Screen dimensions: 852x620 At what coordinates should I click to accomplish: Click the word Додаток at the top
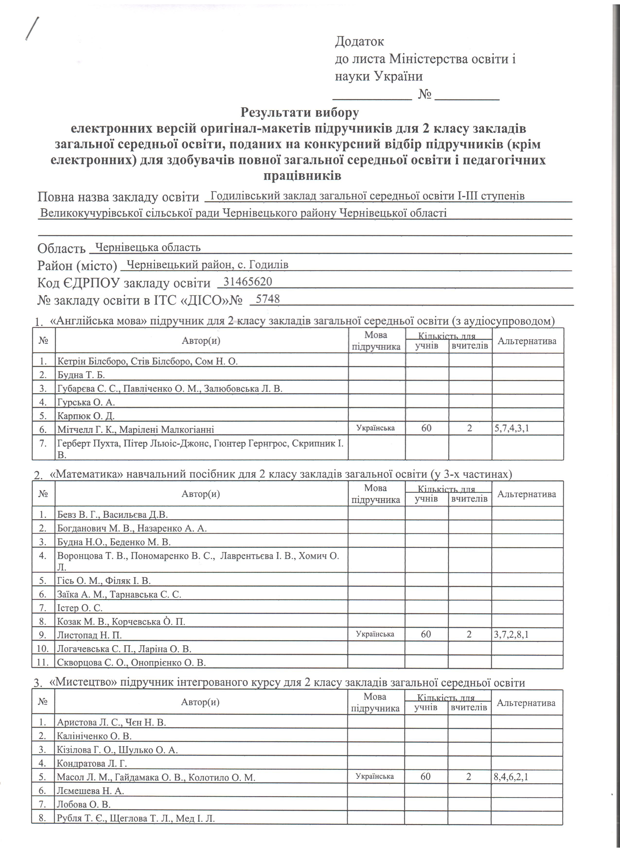click(359, 41)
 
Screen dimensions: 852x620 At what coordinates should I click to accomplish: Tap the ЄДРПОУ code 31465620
click(248, 282)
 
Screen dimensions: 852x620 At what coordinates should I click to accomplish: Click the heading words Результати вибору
click(300, 112)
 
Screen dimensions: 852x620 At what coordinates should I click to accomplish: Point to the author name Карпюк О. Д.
click(86, 416)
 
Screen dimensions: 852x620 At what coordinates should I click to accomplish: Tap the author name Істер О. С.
click(80, 608)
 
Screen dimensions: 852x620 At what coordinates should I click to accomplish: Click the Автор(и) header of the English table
click(201, 341)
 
